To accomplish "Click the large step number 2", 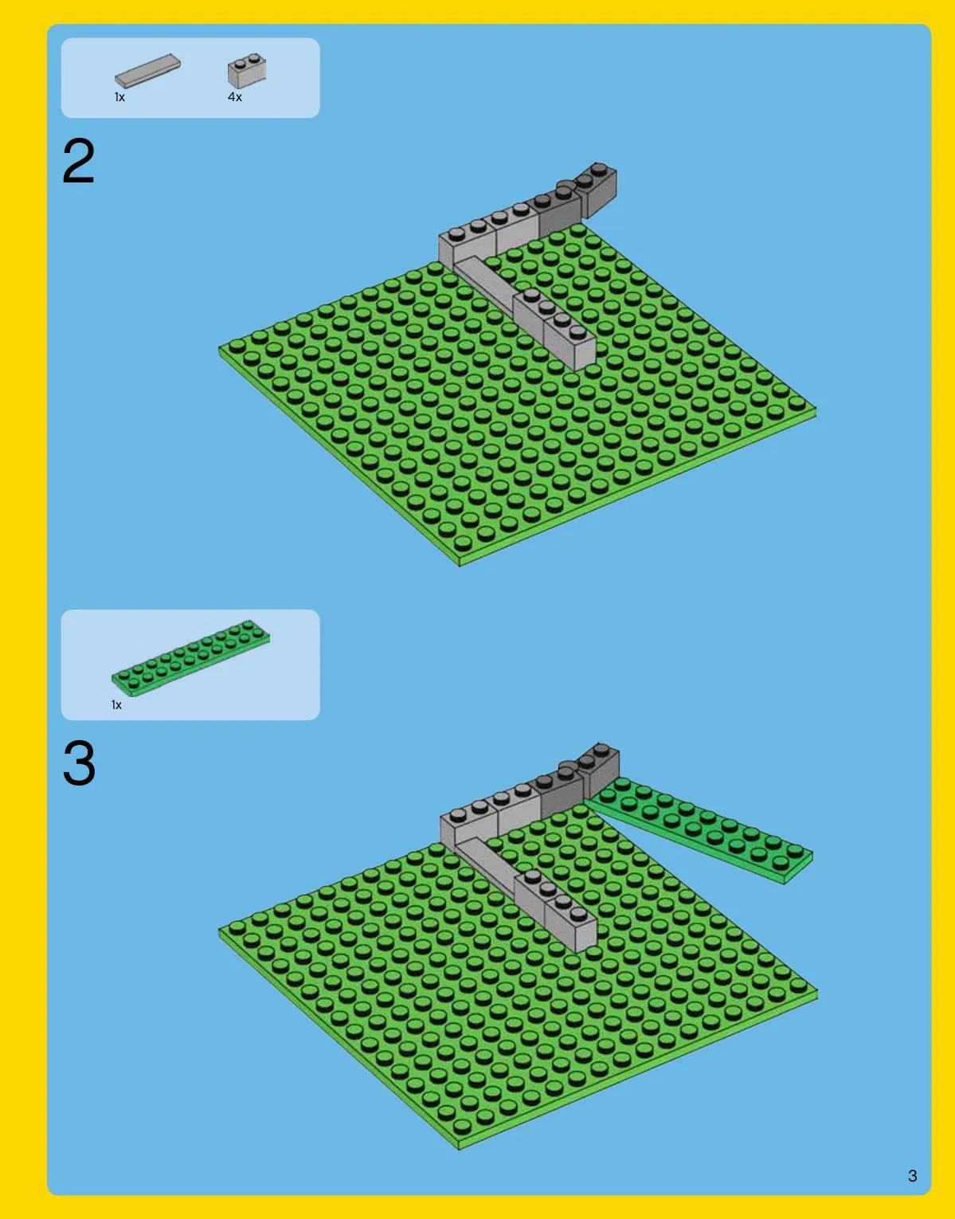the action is coord(79,161).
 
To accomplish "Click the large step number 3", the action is coord(79,762).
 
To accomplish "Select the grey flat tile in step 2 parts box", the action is coord(147,71).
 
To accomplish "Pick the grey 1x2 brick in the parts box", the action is coord(247,70).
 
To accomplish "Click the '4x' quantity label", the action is coord(234,97).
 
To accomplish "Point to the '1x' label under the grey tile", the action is coord(119,97).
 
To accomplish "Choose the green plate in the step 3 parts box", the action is coord(190,658).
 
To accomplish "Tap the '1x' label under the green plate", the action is coord(116,704).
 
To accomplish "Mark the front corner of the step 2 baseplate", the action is coord(460,566).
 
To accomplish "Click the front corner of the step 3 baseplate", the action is coord(460,1149).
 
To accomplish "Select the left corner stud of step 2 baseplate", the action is coord(237,344).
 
